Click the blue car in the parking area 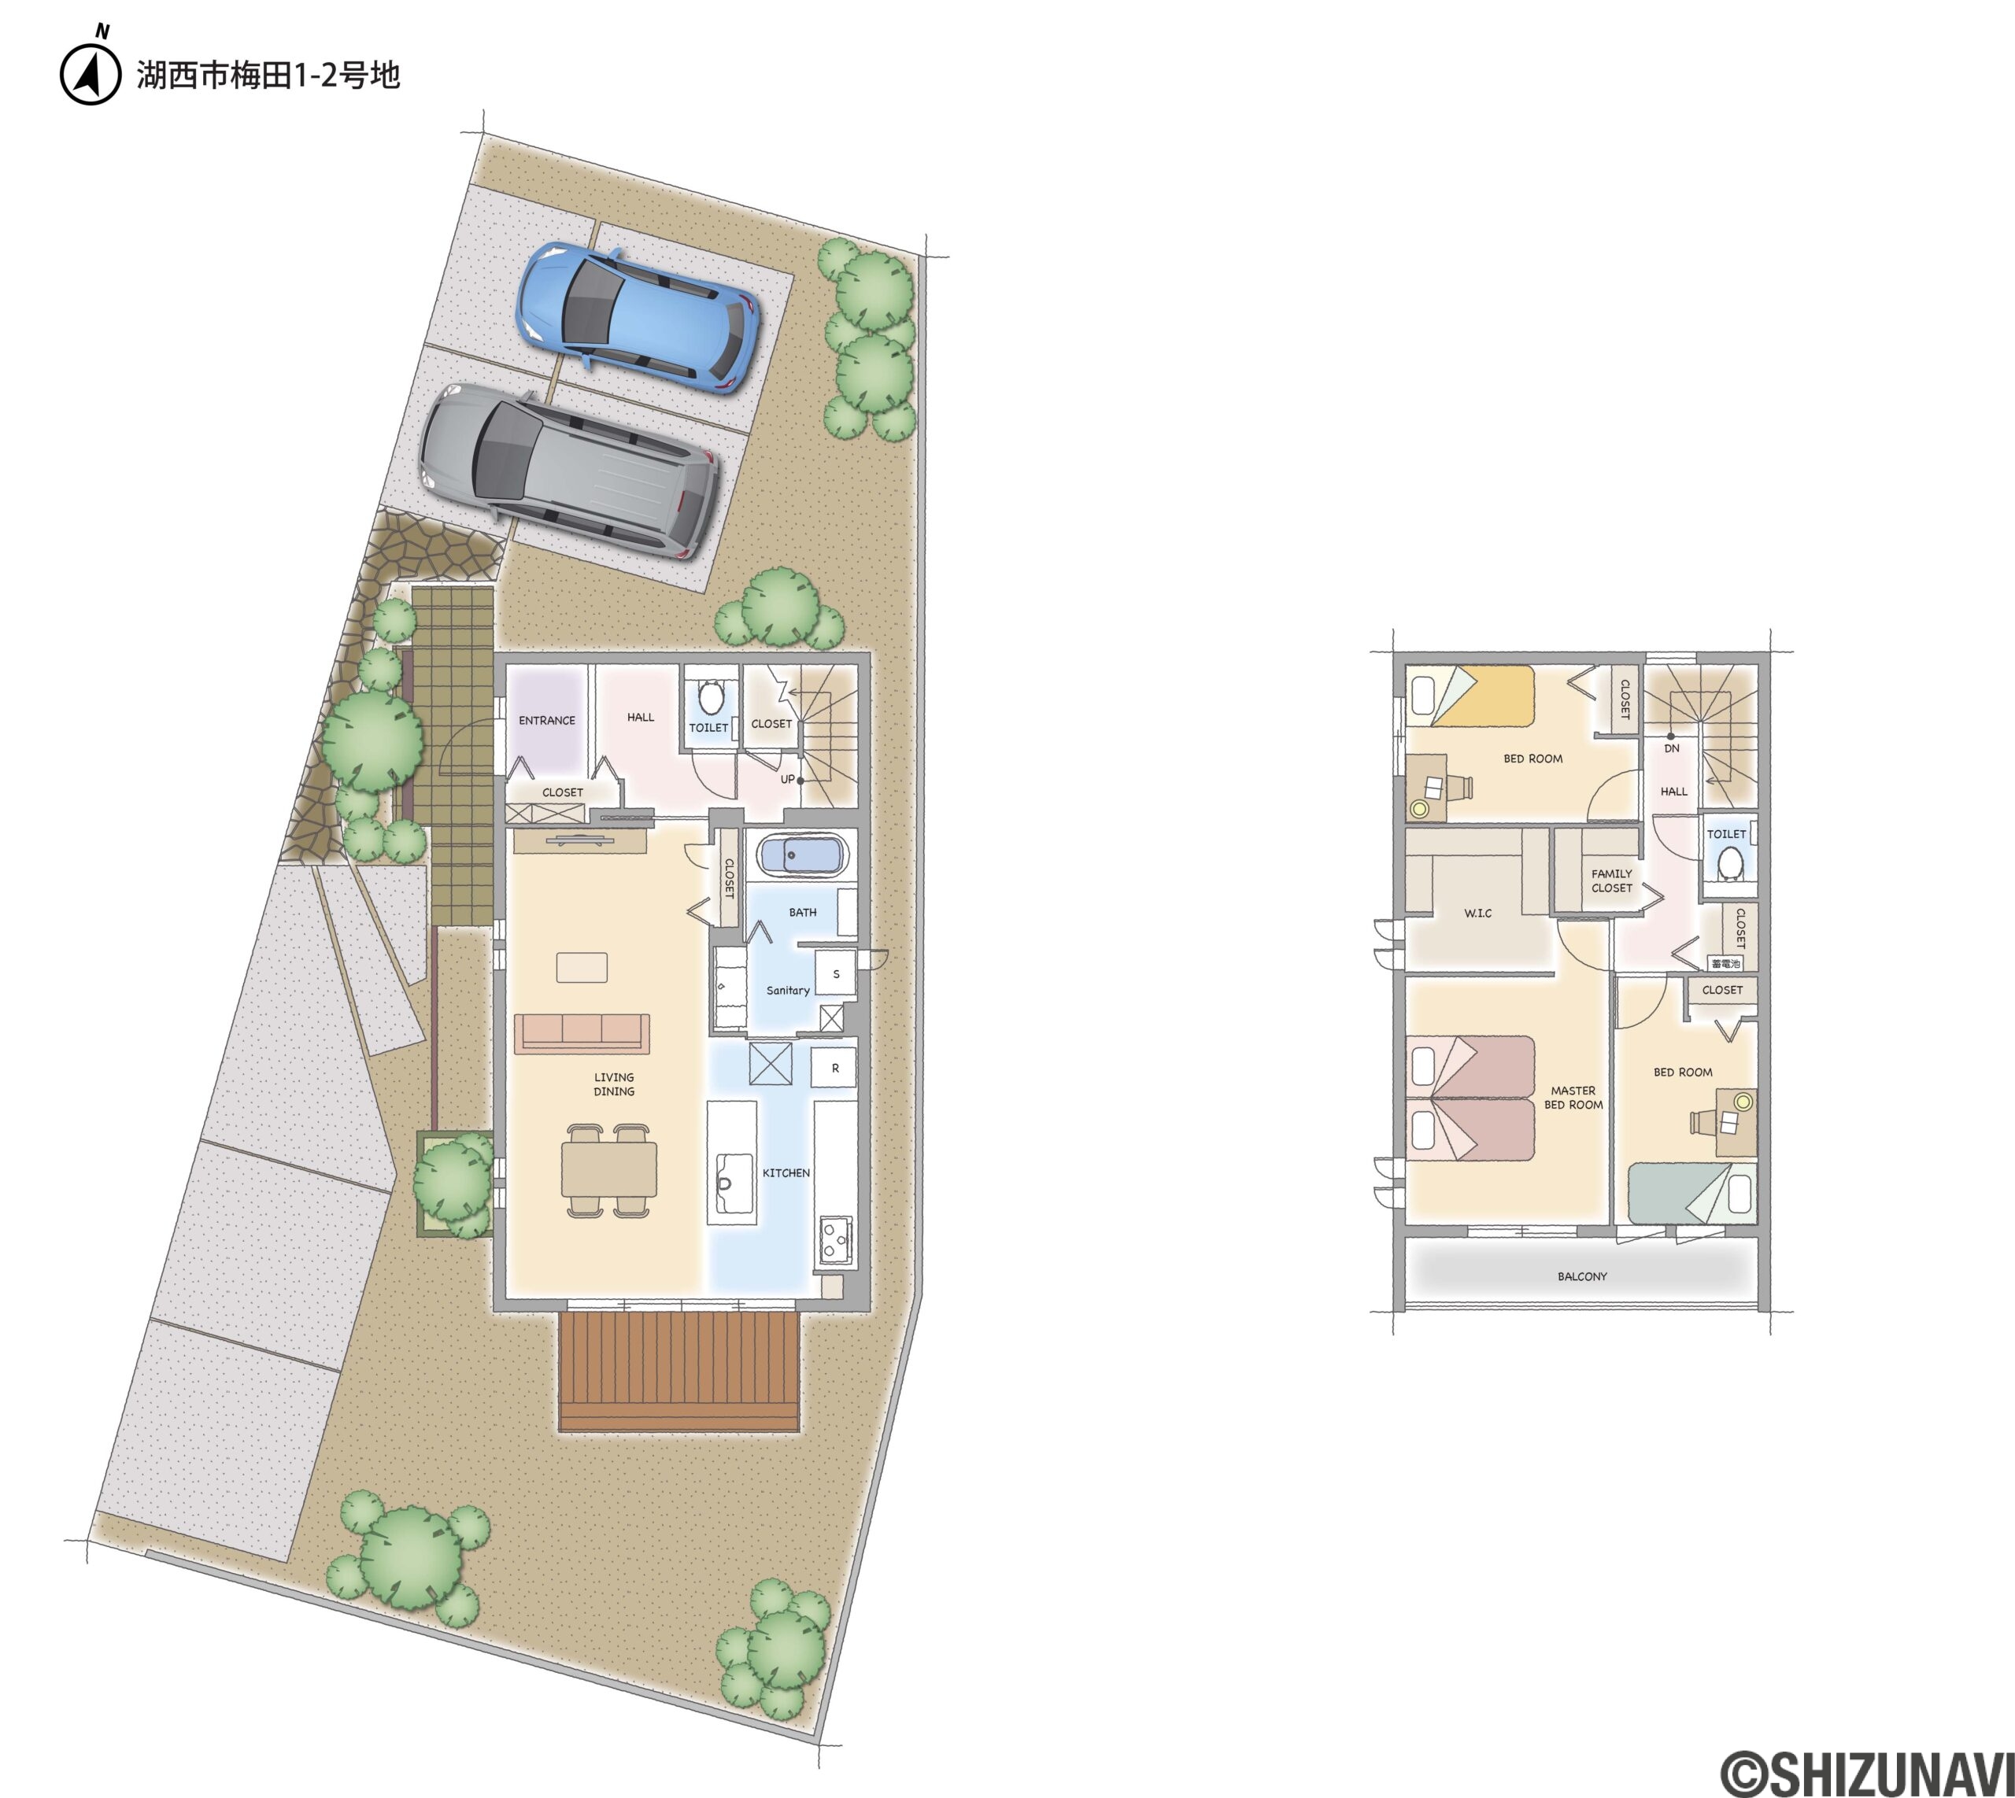pos(638,317)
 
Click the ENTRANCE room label pos(546,720)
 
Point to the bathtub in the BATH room pos(802,855)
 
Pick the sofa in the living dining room pos(582,1032)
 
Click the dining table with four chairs pos(608,1171)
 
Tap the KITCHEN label pos(786,1172)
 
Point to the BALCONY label pos(1582,1276)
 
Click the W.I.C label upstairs pos(1478,913)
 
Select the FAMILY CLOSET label pos(1612,881)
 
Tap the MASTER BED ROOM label pos(1573,1098)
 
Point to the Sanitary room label pos(788,990)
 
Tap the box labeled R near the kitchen pos(834,1068)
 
